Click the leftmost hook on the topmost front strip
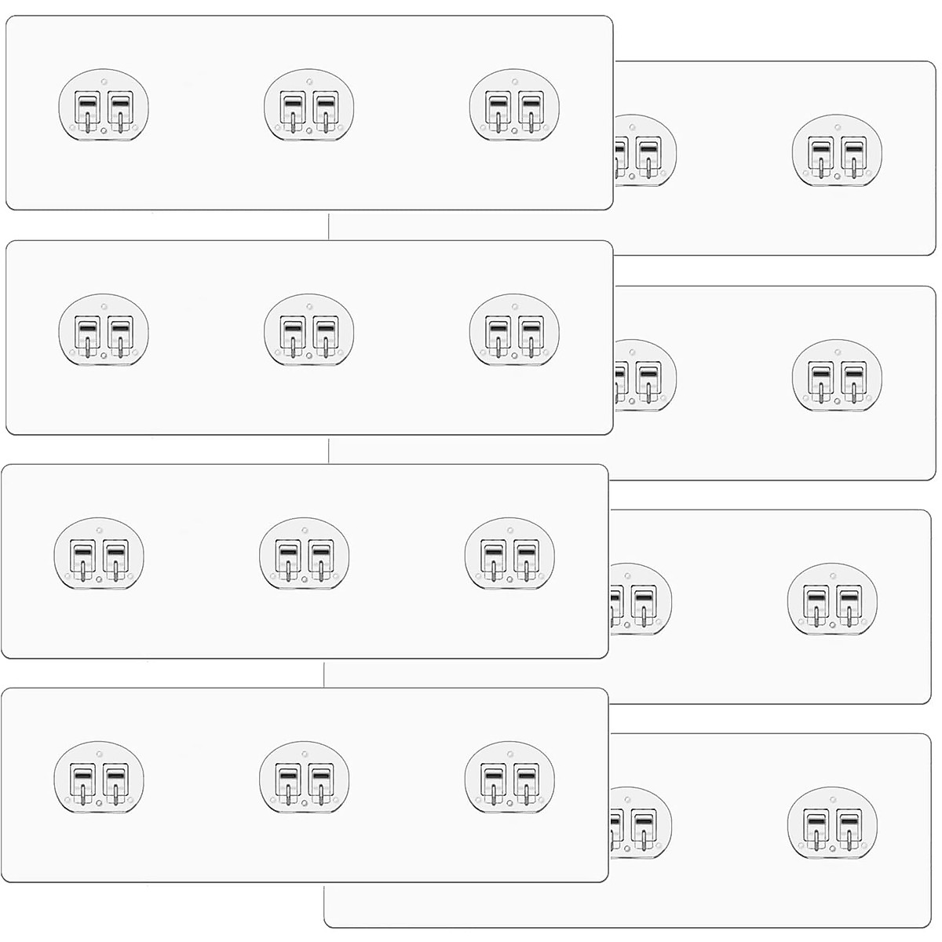pos(104,107)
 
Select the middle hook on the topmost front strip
pos(309,107)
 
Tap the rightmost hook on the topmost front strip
pos(514,107)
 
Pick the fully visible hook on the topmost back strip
pos(837,151)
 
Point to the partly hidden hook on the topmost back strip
pos(640,152)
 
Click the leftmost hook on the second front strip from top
pos(104,331)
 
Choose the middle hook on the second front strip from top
pos(309,331)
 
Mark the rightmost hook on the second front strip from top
pos(514,331)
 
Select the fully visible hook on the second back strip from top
pos(837,375)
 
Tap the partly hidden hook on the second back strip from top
pos(640,376)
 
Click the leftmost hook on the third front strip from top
pos(99,555)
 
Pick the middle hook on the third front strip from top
pos(305,555)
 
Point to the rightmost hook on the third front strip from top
pos(509,555)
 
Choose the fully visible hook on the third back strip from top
pos(832,599)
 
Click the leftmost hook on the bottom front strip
pos(99,780)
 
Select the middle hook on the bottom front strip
pos(305,780)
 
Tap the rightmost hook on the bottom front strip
pos(509,780)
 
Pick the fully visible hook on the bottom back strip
pos(832,823)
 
